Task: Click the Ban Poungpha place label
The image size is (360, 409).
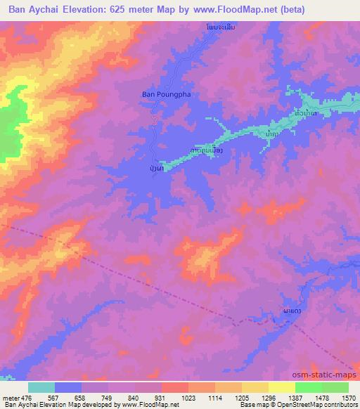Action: (x=167, y=93)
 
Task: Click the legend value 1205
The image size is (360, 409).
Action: (x=242, y=397)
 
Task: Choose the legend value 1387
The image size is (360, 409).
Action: (x=295, y=397)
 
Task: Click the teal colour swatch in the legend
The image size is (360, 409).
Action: (x=41, y=387)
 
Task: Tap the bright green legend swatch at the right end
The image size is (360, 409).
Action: (x=335, y=387)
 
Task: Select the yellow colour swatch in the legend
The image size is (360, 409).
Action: (x=282, y=387)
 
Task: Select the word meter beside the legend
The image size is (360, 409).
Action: (x=11, y=397)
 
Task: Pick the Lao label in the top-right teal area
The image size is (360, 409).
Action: (x=304, y=113)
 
